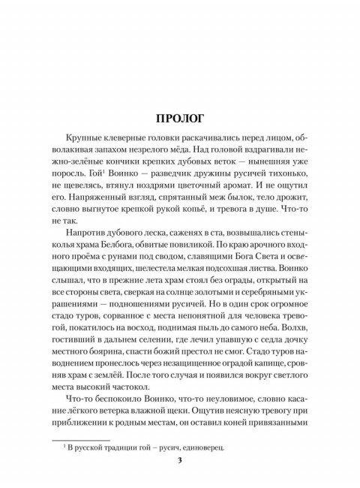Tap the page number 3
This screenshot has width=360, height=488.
pyautogui.click(x=180, y=459)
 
